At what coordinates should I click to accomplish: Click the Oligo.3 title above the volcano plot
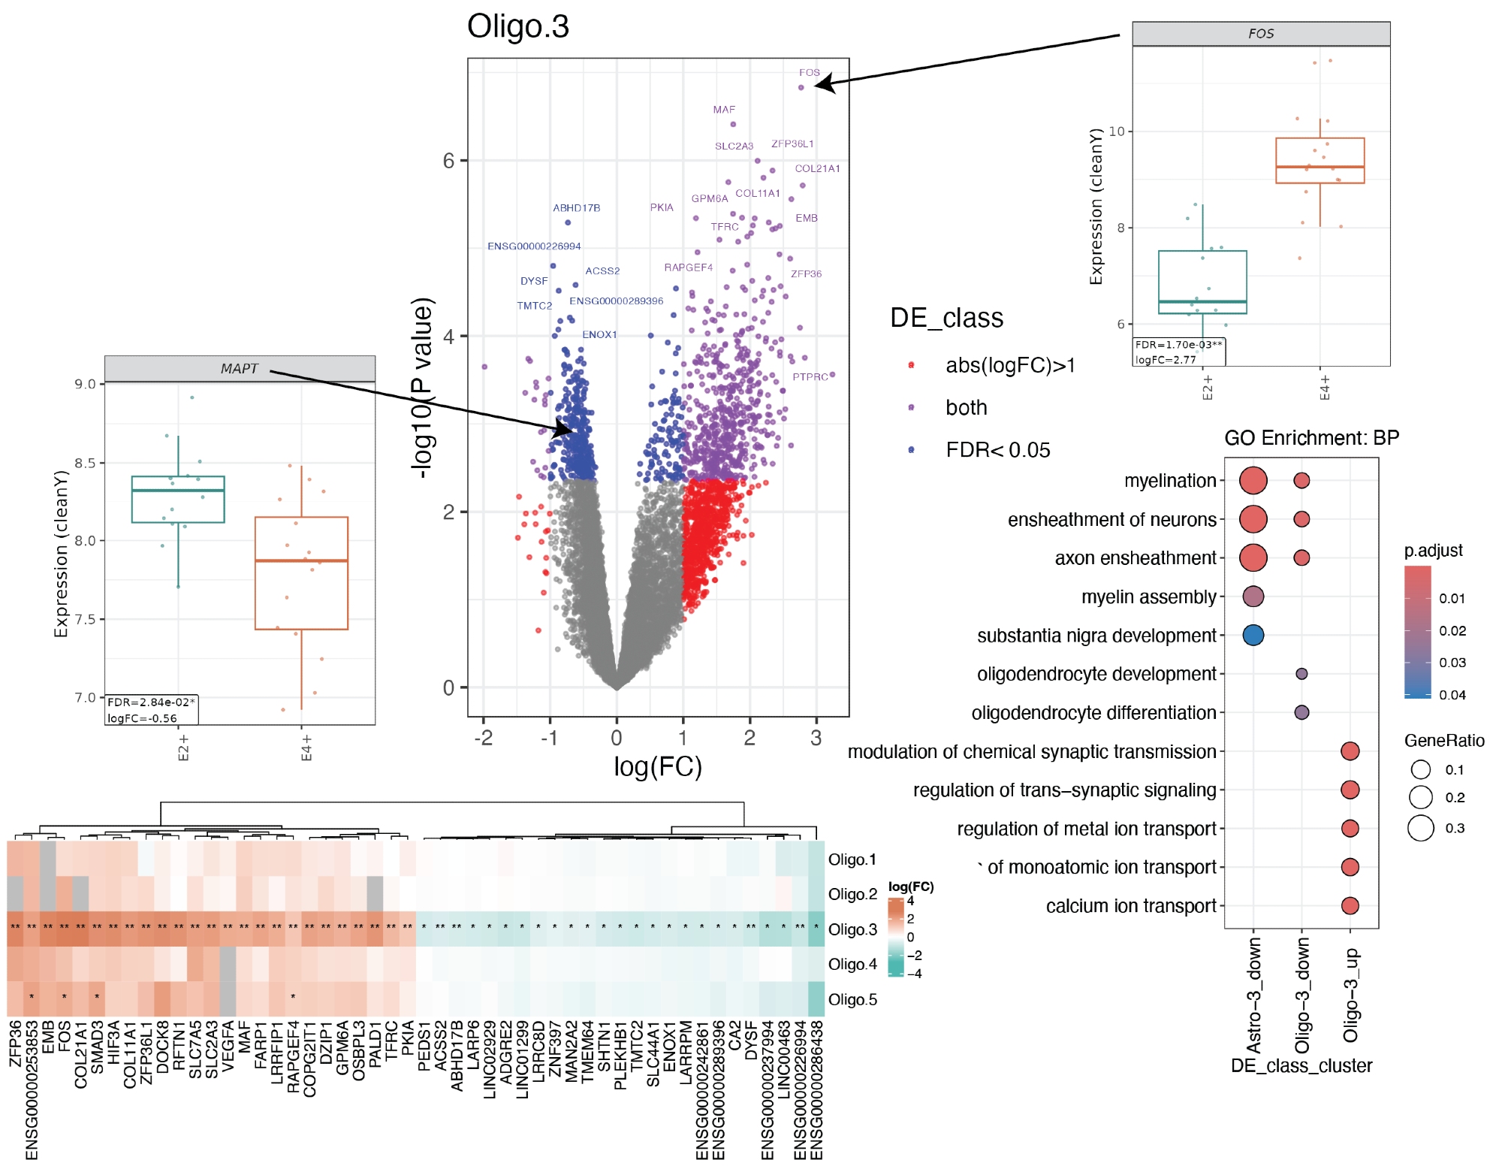(x=518, y=27)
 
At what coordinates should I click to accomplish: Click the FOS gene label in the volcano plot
(x=809, y=73)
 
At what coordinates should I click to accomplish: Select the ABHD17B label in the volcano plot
(x=576, y=208)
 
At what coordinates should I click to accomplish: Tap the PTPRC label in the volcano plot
(x=810, y=377)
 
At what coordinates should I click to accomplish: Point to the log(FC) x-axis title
(x=657, y=767)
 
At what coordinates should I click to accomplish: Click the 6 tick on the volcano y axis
(x=448, y=161)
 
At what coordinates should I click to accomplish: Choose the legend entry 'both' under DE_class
(x=966, y=408)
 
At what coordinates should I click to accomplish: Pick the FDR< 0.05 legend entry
(x=997, y=450)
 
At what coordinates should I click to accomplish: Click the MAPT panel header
(x=240, y=369)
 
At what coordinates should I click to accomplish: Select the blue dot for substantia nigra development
(x=1253, y=636)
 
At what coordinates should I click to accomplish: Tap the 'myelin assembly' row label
(x=1148, y=597)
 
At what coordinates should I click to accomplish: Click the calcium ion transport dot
(x=1350, y=906)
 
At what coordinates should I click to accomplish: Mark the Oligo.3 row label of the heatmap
(x=852, y=930)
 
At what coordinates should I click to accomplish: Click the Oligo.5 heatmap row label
(x=852, y=1000)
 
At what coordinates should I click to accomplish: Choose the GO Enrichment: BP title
(x=1311, y=438)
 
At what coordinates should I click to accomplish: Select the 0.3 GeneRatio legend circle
(x=1421, y=828)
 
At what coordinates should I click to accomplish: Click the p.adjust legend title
(x=1433, y=551)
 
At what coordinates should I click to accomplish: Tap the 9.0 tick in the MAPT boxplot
(x=86, y=385)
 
